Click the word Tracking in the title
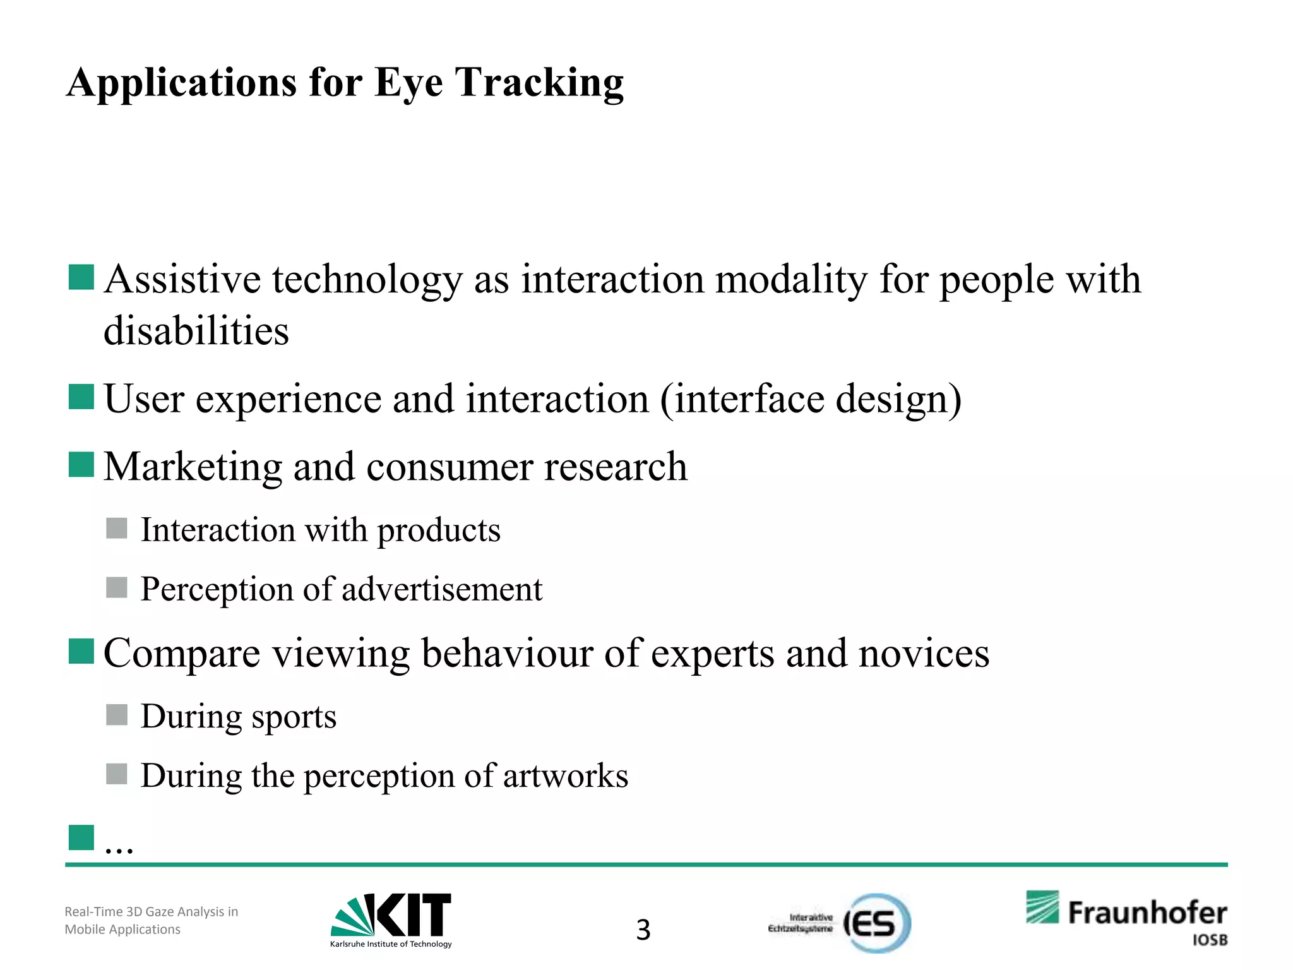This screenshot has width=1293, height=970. (x=539, y=83)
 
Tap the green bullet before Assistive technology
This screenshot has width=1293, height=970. (x=81, y=277)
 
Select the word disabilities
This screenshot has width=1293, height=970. (x=196, y=330)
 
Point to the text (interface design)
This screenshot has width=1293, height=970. (x=811, y=399)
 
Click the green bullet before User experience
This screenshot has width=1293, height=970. (x=81, y=397)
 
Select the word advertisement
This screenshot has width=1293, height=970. (x=442, y=589)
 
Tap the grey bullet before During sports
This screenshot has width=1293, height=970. (x=117, y=715)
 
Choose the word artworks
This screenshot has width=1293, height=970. (x=566, y=775)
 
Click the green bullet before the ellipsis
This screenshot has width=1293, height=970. (x=81, y=837)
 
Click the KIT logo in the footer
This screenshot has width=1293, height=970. (x=391, y=919)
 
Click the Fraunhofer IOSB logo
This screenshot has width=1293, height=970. (x=1126, y=917)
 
